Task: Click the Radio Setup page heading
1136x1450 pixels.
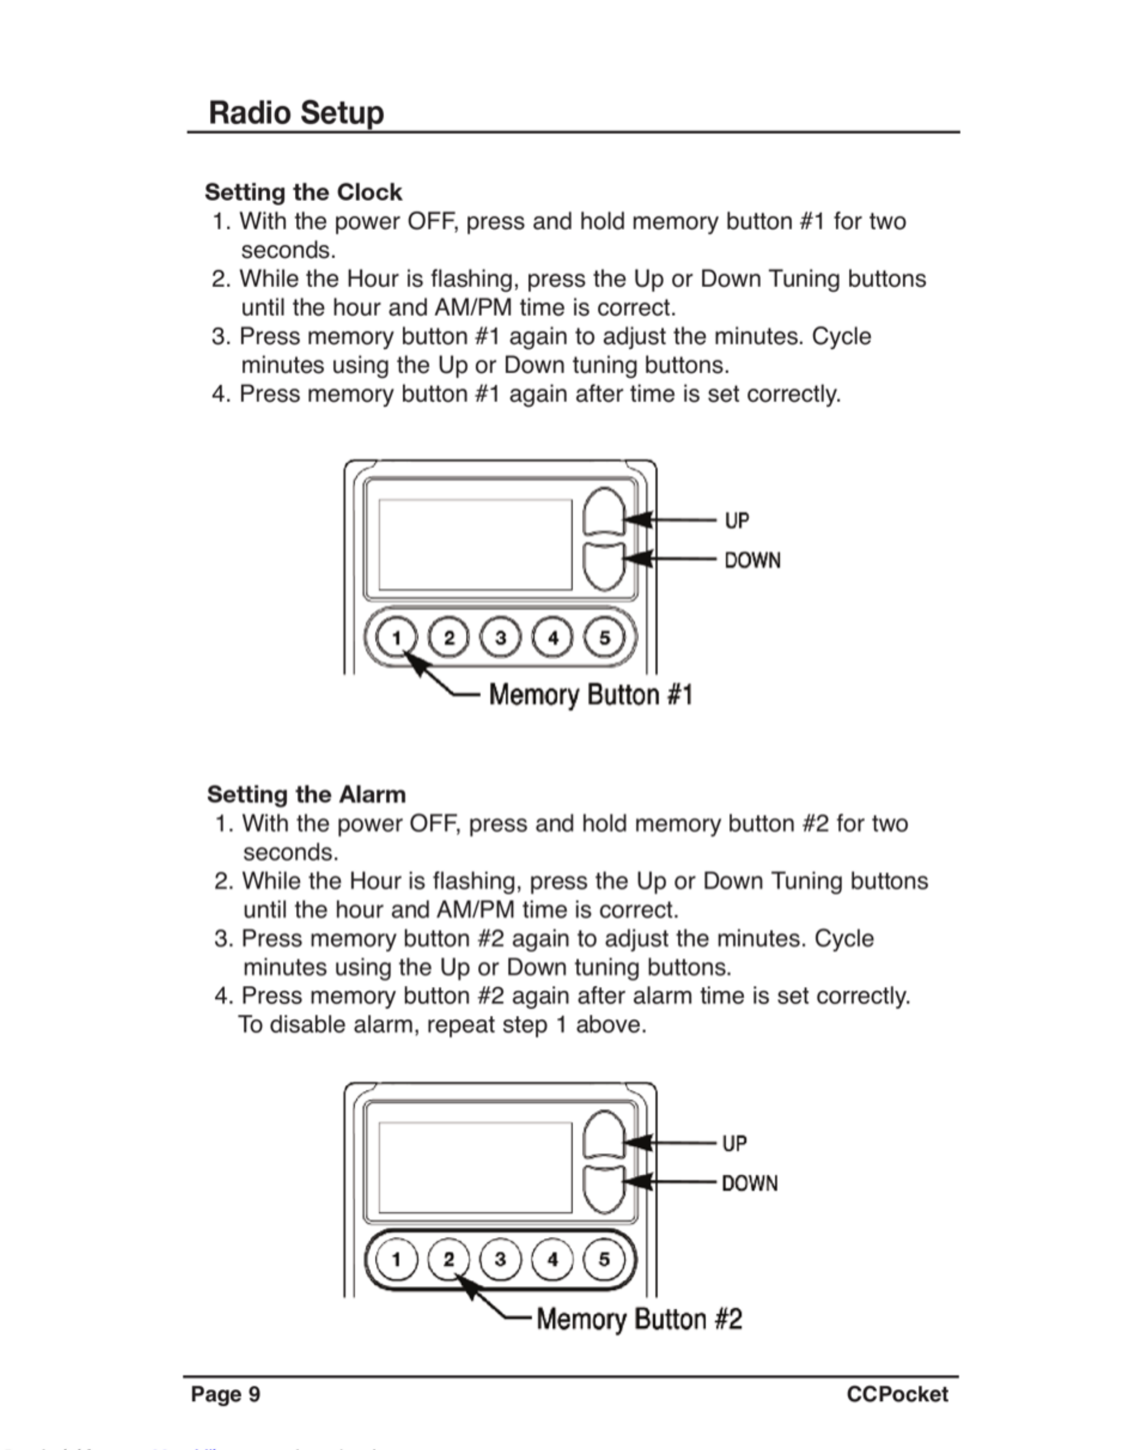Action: [296, 112]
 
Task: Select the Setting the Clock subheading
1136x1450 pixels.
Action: [303, 192]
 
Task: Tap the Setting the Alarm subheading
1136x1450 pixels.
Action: [306, 794]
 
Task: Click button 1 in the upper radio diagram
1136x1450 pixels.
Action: [396, 638]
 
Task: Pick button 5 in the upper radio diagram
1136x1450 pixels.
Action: [604, 638]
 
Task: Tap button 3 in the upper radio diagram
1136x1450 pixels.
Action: [500, 638]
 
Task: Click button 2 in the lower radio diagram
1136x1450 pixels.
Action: [448, 1260]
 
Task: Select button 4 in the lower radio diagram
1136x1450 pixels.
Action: [552, 1260]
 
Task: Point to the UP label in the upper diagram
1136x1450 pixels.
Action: [736, 520]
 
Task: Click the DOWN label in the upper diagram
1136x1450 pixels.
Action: [752, 560]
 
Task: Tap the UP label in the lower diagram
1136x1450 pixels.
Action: [734, 1143]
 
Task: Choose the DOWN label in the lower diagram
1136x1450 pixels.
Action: [750, 1183]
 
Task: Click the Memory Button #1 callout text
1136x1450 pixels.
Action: [591, 694]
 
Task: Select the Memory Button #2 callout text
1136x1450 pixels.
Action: [639, 1319]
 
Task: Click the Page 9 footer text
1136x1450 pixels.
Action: [225, 1394]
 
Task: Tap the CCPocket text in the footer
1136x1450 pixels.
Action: [897, 1394]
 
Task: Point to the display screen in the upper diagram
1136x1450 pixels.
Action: [475, 544]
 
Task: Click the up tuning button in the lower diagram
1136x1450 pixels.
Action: [603, 1135]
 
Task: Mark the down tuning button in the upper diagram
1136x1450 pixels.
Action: [603, 566]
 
